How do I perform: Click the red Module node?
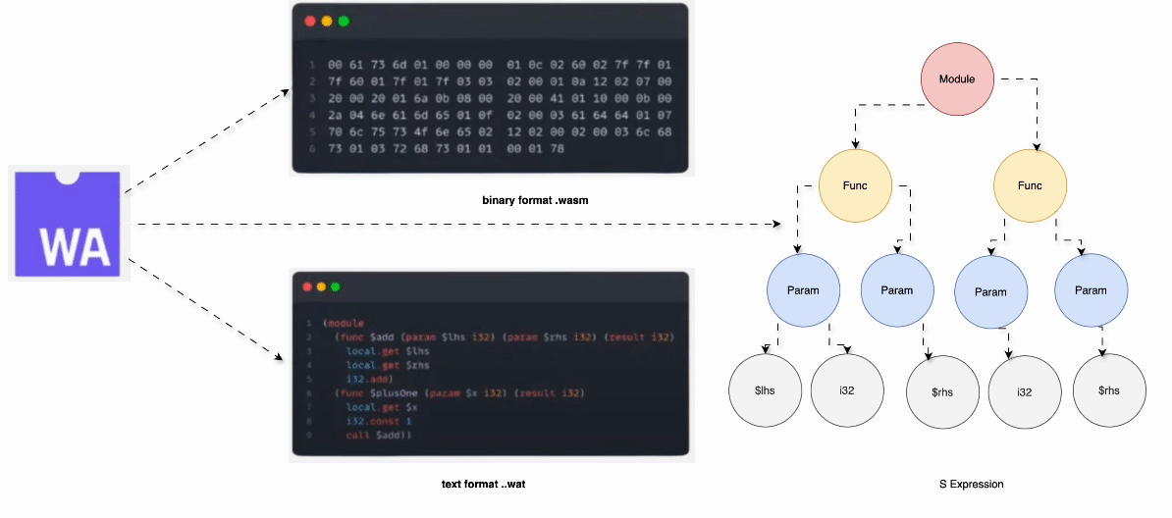(x=957, y=78)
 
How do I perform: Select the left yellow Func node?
(x=855, y=185)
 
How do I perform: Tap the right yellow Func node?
(x=1030, y=185)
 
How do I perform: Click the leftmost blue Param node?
(x=802, y=290)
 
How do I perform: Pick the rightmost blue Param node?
(x=1090, y=290)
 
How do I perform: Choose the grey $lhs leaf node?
(x=766, y=390)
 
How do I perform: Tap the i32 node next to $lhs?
(x=847, y=390)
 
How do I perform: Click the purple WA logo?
(x=67, y=224)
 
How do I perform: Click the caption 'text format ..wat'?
(x=489, y=485)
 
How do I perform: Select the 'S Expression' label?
(x=971, y=485)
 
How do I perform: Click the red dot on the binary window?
(x=310, y=22)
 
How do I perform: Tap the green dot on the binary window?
(x=343, y=22)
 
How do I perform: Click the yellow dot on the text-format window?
(x=321, y=286)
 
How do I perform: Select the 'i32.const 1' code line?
(x=379, y=421)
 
